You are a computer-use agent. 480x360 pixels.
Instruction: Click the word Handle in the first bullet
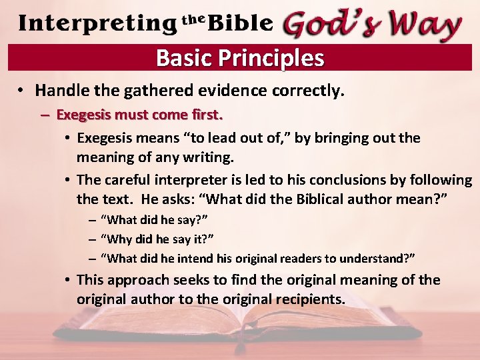(x=60, y=90)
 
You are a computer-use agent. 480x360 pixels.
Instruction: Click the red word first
(x=205, y=115)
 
